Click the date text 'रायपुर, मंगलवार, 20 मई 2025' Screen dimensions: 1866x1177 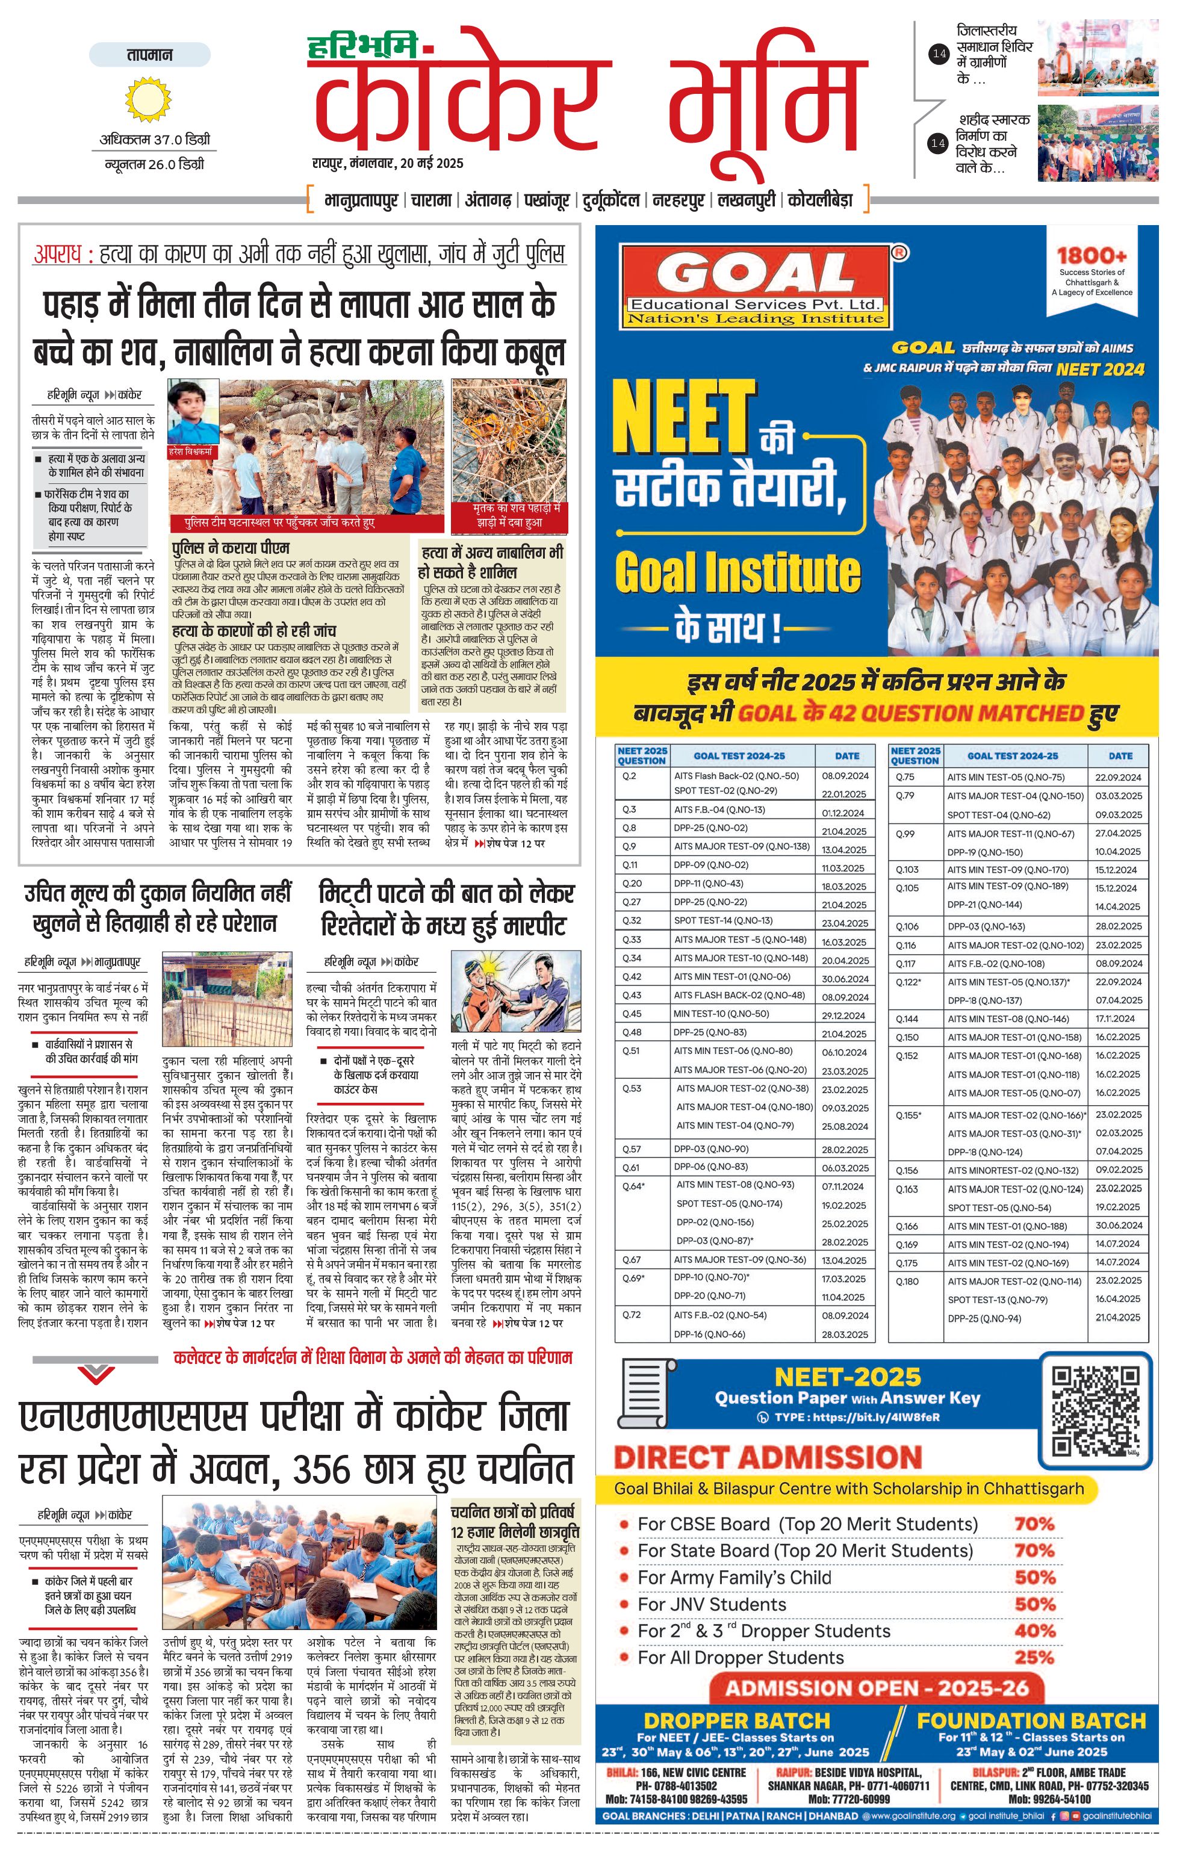[x=388, y=164]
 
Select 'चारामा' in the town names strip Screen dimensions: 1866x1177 [x=431, y=200]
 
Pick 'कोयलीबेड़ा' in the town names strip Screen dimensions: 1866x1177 [x=820, y=200]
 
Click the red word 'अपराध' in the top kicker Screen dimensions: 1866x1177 [x=58, y=254]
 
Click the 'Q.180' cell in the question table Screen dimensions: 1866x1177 [x=907, y=1282]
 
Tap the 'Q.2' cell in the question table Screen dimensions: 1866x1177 [x=629, y=776]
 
